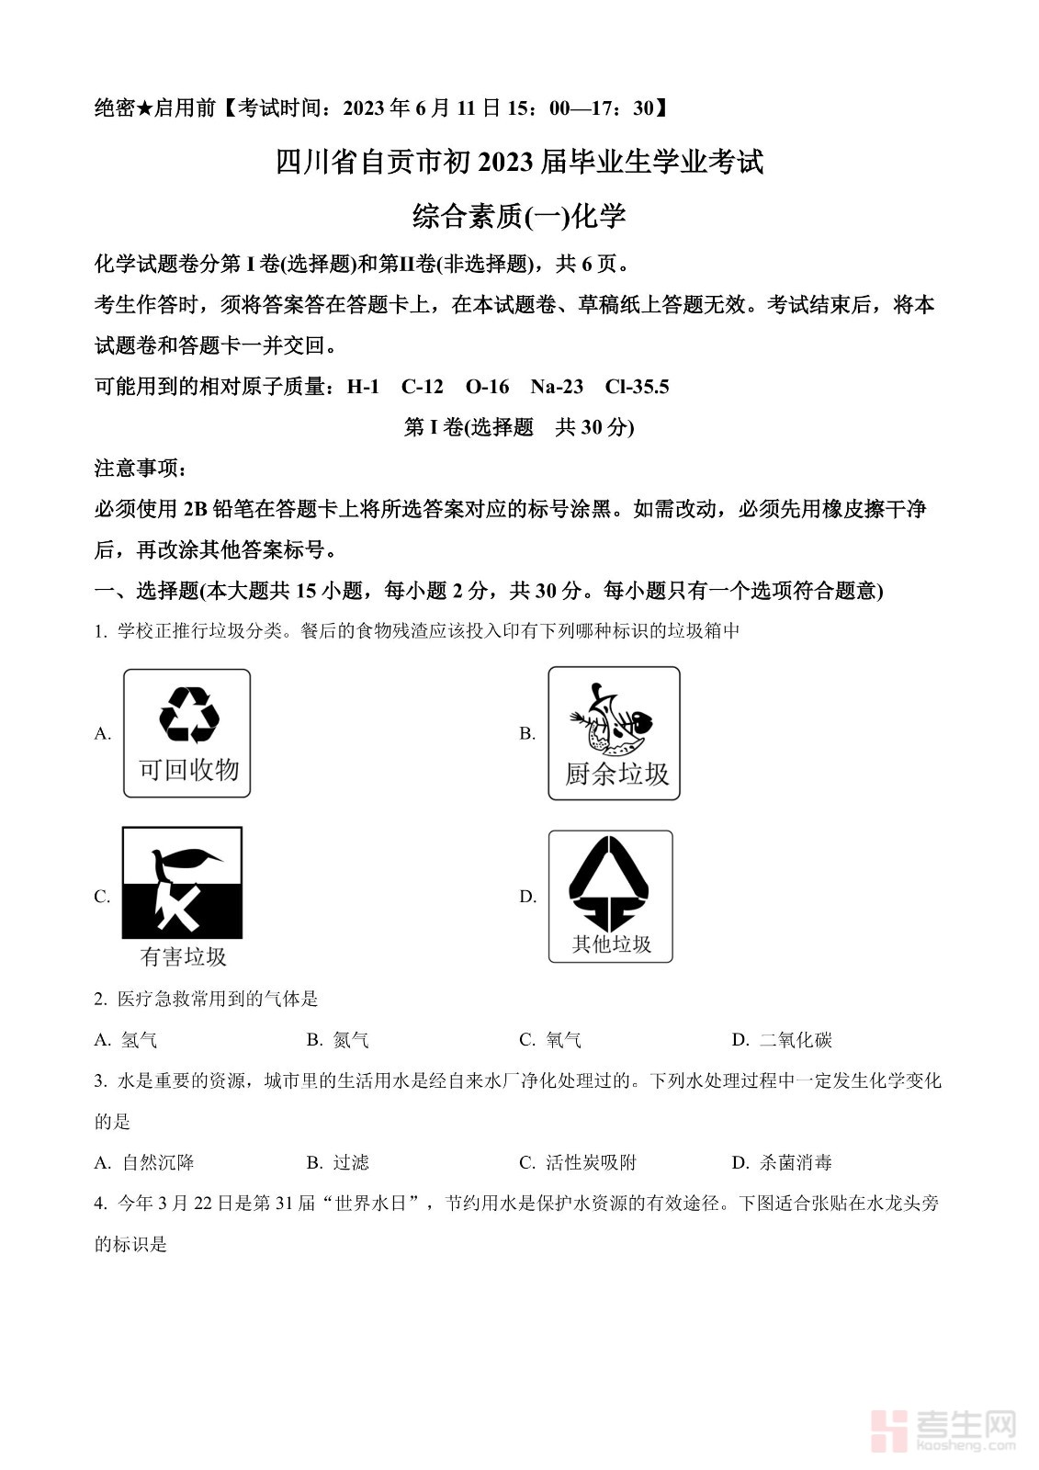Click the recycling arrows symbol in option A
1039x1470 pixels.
[x=188, y=715]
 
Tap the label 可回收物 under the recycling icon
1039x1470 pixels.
[x=188, y=769]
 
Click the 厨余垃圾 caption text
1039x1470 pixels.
[x=616, y=775]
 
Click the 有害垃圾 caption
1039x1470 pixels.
[x=183, y=956]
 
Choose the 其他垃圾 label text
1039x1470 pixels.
[x=612, y=944]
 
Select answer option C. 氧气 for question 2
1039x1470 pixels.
[x=550, y=1040]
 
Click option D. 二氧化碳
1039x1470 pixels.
[x=782, y=1040]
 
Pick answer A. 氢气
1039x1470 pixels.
[x=126, y=1040]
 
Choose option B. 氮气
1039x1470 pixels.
[x=338, y=1040]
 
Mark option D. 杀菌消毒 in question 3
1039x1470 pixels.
[x=782, y=1162]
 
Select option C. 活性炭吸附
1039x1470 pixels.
[x=578, y=1162]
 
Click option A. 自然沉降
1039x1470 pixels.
[x=144, y=1162]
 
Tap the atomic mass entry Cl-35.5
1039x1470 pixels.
[x=637, y=387]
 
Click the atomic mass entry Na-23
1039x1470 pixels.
[x=557, y=387]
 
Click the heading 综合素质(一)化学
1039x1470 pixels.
[x=519, y=217]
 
